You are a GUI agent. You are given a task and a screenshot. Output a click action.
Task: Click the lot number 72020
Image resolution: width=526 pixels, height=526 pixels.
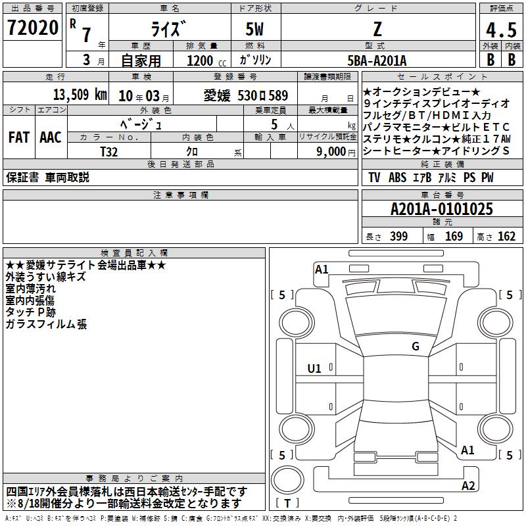click(x=32, y=28)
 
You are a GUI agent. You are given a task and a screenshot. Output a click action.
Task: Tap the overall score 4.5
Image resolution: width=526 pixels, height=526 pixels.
click(x=501, y=30)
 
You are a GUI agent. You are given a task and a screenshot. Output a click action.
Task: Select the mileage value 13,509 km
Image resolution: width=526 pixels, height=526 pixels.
click(x=80, y=95)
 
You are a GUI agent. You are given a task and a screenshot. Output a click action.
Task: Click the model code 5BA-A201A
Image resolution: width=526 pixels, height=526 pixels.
click(x=377, y=60)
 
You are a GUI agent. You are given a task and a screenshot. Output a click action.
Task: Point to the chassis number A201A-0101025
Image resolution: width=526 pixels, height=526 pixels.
click(x=442, y=209)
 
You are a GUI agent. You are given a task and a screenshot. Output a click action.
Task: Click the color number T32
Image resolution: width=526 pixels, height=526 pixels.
click(x=109, y=152)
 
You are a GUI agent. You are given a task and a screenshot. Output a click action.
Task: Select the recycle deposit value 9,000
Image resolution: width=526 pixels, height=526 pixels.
click(x=331, y=152)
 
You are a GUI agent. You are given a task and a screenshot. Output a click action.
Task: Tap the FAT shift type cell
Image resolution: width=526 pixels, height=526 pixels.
click(x=19, y=137)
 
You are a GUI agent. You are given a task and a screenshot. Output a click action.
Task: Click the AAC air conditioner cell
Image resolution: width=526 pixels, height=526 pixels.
click(x=51, y=137)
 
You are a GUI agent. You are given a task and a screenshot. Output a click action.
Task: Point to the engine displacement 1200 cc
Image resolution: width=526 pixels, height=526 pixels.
click(x=206, y=60)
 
